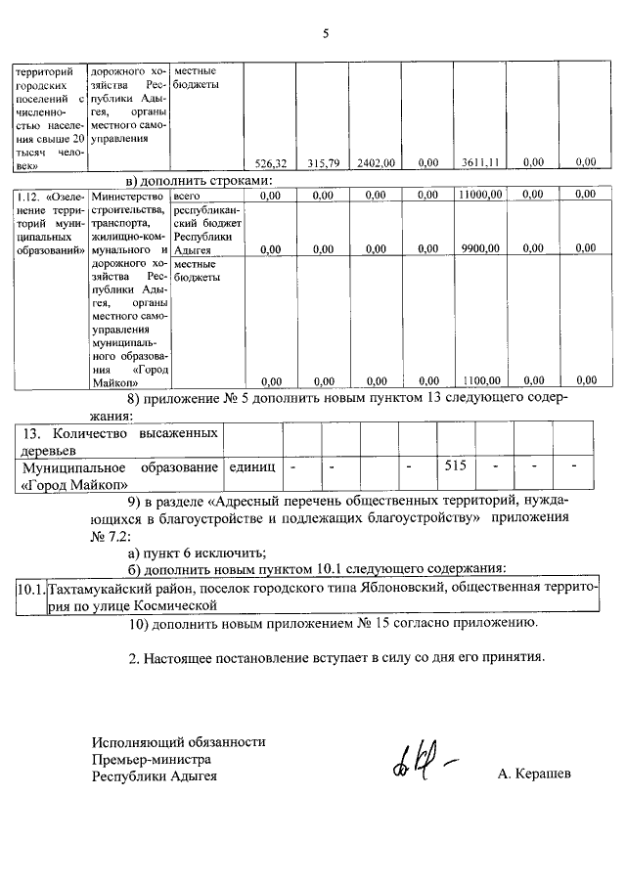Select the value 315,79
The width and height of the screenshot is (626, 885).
point(322,163)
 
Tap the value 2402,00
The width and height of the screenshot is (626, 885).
point(376,163)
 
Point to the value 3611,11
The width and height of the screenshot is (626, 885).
point(481,163)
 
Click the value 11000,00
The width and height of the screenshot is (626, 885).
point(479,196)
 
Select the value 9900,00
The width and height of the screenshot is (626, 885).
point(481,248)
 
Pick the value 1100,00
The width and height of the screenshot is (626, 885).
point(481,380)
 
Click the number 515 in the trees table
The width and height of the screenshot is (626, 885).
point(455,466)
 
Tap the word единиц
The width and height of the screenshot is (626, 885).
point(250,466)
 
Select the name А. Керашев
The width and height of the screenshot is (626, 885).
point(534,775)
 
